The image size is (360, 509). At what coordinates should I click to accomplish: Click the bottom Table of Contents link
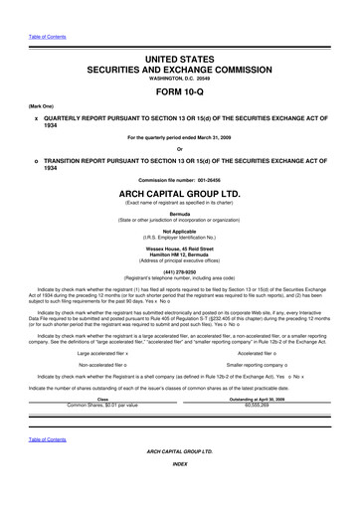coord(46,466)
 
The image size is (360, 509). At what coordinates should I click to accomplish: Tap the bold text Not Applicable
coord(180,231)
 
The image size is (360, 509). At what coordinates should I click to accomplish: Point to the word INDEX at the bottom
coord(180,490)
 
